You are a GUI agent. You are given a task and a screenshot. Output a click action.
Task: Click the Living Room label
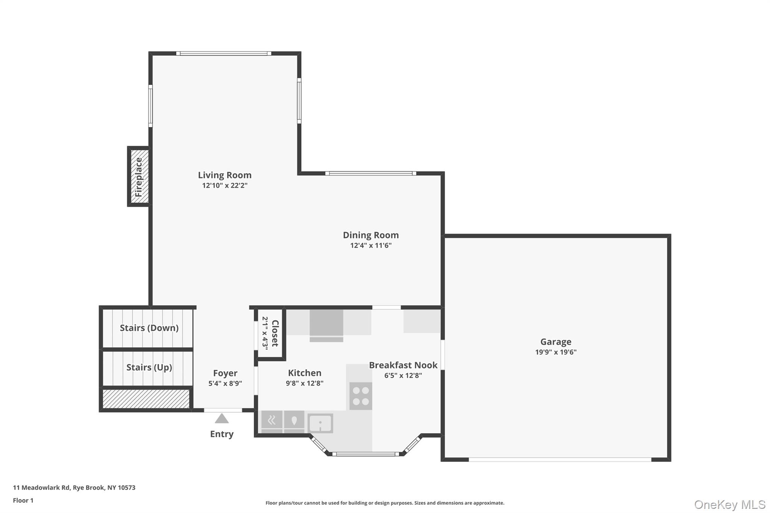pyautogui.click(x=224, y=175)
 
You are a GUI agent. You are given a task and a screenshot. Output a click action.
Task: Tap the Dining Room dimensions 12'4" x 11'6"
pyautogui.click(x=371, y=246)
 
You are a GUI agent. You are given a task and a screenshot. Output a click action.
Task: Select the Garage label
pyautogui.click(x=556, y=342)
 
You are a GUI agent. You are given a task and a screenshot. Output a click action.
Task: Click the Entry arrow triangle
pyautogui.click(x=222, y=419)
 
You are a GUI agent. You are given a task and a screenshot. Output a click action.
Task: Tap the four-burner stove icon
pyautogui.click(x=361, y=396)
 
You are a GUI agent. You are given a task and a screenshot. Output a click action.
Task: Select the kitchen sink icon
pyautogui.click(x=320, y=423)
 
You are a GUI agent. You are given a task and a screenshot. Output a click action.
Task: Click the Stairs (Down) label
pyautogui.click(x=149, y=328)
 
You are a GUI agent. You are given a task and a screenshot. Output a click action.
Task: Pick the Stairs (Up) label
pyautogui.click(x=149, y=367)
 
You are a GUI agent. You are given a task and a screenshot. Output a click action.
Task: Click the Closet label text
pyautogui.click(x=275, y=333)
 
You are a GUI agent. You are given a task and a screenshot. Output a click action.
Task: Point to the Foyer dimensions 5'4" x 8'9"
pyautogui.click(x=225, y=384)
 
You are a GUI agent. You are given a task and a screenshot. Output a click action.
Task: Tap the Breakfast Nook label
pyautogui.click(x=403, y=365)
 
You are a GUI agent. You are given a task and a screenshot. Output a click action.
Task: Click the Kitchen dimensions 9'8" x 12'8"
pyautogui.click(x=305, y=383)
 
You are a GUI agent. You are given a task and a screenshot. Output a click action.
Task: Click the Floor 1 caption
pyautogui.click(x=23, y=501)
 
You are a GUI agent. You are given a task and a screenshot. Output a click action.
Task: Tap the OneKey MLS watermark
pyautogui.click(x=729, y=504)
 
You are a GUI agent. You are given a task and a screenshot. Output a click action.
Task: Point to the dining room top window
pyautogui.click(x=371, y=173)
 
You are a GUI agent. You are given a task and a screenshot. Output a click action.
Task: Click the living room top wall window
pyautogui.click(x=224, y=53)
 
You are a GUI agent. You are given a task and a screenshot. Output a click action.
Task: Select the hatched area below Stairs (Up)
pyautogui.click(x=146, y=399)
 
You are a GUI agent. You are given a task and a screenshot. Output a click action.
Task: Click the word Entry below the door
pyautogui.click(x=222, y=434)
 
